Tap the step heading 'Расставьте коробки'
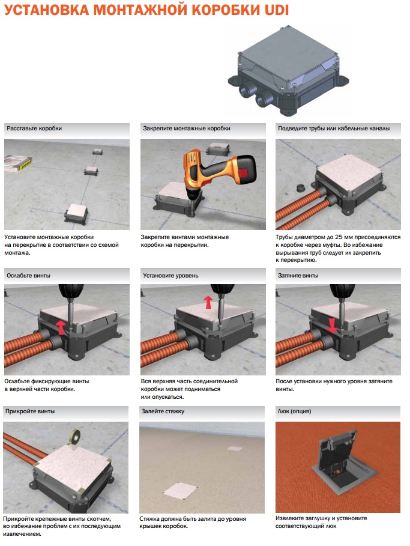(x=34, y=129)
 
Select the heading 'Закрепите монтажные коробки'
(x=187, y=129)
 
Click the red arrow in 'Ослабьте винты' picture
(x=61, y=327)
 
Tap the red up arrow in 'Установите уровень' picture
(x=208, y=302)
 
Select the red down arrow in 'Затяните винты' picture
(x=332, y=325)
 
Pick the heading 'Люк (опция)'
(x=294, y=411)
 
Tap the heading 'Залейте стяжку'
(x=163, y=411)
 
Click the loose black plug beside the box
(x=300, y=188)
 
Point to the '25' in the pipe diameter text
(x=339, y=237)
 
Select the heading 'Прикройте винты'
(x=30, y=411)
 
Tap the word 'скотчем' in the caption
(x=98, y=519)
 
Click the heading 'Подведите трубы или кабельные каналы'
(x=333, y=129)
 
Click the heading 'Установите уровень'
(x=170, y=276)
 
